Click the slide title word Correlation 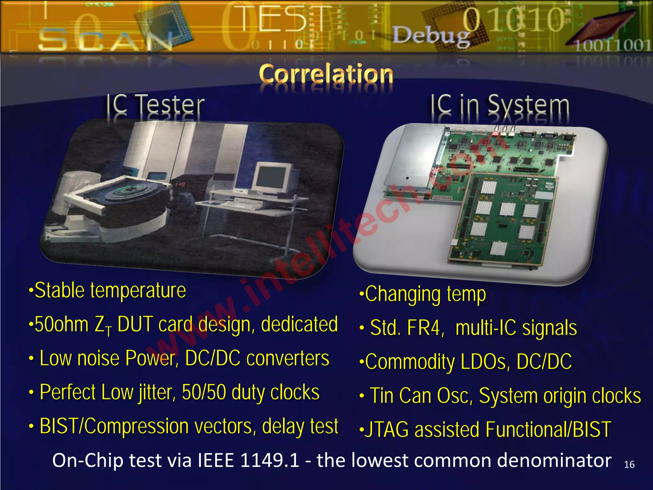pyautogui.click(x=326, y=74)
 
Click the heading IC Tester pyautogui.click(x=155, y=105)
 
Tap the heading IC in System pyautogui.click(x=500, y=105)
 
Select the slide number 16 pyautogui.click(x=629, y=464)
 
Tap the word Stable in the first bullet pyautogui.click(x=60, y=290)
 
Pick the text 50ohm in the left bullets pyautogui.click(x=62, y=324)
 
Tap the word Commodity pyautogui.click(x=410, y=362)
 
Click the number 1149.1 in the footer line pyautogui.click(x=269, y=460)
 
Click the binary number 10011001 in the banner pyautogui.click(x=612, y=46)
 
